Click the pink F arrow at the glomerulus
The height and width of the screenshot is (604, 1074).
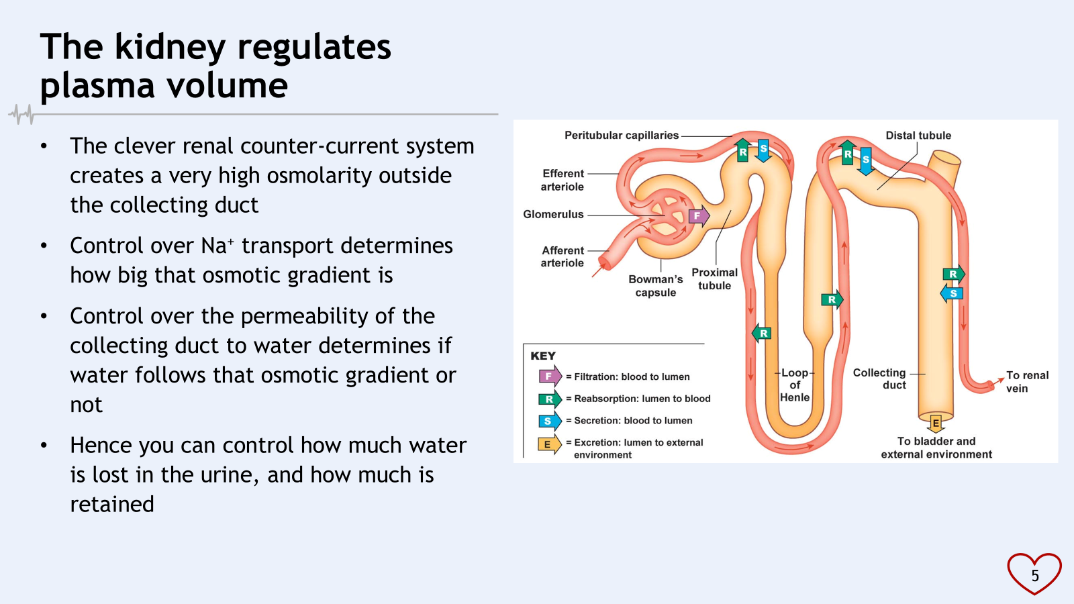tap(698, 216)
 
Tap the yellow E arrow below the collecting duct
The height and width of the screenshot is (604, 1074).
tap(936, 423)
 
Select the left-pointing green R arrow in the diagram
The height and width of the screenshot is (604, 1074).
tap(762, 333)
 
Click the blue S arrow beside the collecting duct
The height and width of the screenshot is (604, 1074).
tap(953, 293)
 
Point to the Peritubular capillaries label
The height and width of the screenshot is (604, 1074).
tap(621, 136)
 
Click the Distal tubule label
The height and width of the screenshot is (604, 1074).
tap(918, 136)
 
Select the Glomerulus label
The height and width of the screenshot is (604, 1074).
tap(553, 215)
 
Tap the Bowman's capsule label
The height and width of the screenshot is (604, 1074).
tap(655, 286)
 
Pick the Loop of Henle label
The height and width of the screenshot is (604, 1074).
tap(795, 385)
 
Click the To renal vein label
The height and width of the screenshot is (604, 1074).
tap(1026, 382)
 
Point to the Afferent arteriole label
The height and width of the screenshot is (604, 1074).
tap(563, 256)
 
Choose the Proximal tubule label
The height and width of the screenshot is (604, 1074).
tap(714, 279)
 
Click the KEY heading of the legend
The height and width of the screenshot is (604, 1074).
tap(543, 356)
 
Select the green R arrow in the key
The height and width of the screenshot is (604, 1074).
tap(549, 399)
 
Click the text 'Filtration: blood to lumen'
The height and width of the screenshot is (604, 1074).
tap(632, 377)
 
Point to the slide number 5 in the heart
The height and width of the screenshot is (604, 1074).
tap(1034, 575)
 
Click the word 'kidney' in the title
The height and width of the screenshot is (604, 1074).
tap(170, 48)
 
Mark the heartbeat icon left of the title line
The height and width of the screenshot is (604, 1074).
tap(22, 114)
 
